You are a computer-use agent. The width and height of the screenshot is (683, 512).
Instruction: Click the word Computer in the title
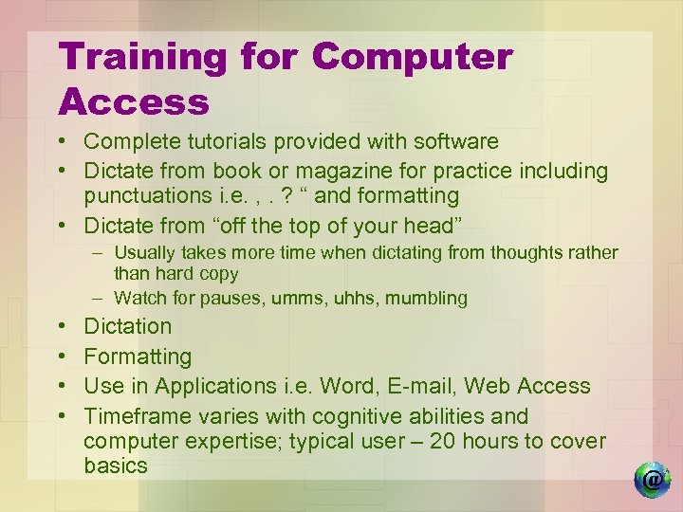tap(412, 58)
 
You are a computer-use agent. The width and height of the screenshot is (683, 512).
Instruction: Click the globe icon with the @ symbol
tap(652, 480)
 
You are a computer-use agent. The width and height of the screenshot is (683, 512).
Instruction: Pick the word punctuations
tap(145, 196)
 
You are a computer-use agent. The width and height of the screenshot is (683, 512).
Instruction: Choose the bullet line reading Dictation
tap(128, 327)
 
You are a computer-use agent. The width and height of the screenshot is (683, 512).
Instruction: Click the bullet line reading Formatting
tap(138, 357)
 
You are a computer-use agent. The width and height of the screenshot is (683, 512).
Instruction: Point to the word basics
tap(116, 466)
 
